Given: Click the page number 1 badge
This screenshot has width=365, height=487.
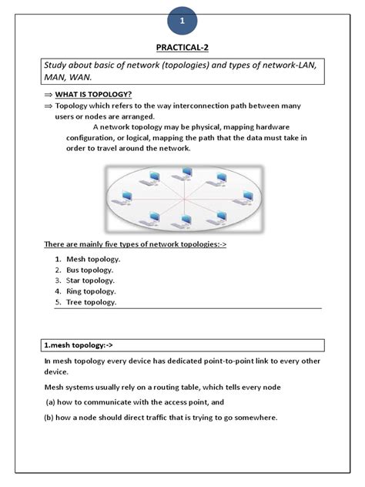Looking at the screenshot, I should click(x=182, y=21).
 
